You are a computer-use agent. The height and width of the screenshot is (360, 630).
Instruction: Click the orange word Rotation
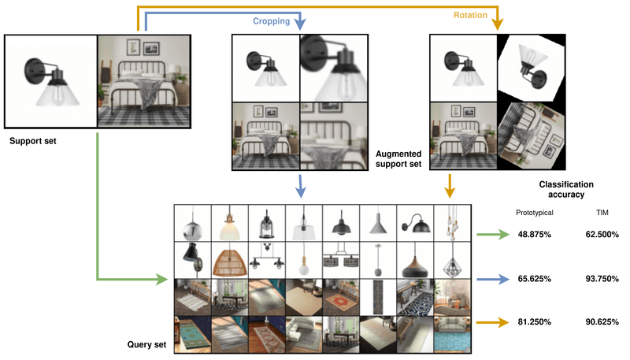(470, 15)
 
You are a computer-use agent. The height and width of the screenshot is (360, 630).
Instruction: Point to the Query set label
(146, 345)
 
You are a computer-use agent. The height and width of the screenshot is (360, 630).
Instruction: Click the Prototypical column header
(535, 213)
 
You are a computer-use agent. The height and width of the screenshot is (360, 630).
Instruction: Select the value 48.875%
(535, 234)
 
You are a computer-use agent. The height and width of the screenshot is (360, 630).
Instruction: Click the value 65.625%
(535, 279)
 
